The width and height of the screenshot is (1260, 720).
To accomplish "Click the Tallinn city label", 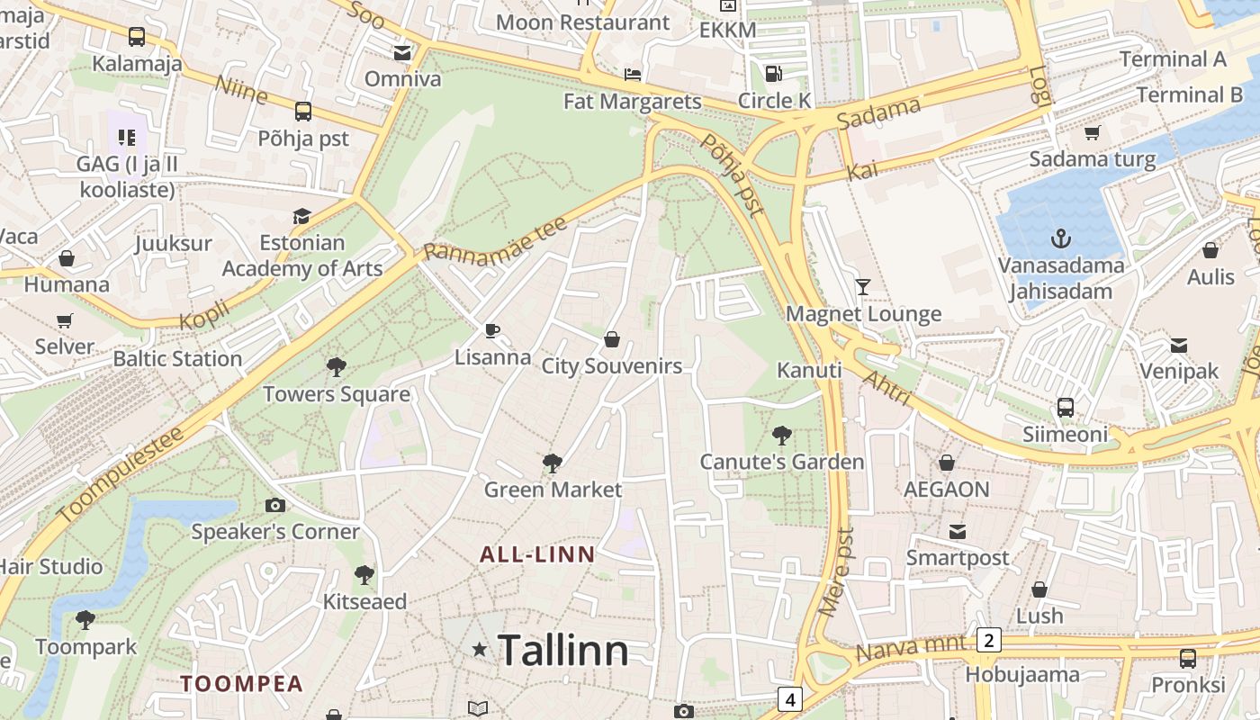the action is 562,650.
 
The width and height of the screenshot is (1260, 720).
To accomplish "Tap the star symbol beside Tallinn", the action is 480,650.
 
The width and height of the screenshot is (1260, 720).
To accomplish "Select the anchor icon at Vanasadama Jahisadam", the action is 1061,239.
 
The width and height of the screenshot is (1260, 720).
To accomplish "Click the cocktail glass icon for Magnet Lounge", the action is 863,287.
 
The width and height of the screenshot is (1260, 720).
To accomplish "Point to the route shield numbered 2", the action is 988,640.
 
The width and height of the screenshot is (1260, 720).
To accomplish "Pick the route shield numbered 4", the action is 789,698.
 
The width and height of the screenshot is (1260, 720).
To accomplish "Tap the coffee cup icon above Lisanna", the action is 492,330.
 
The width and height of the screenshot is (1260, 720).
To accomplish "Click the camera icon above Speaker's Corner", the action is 275,506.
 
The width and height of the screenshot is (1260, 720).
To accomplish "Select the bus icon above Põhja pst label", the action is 303,112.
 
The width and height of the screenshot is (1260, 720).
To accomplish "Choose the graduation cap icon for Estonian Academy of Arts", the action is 301,217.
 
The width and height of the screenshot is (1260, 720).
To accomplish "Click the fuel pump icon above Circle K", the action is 773,74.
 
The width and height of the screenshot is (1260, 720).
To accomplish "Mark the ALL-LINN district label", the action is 537,554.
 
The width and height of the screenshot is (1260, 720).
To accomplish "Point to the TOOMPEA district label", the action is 241,683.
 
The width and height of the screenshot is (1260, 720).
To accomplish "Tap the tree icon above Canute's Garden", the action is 782,436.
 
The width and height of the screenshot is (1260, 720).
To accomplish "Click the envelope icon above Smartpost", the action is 958,532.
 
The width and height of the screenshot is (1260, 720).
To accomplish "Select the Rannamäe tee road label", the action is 495,238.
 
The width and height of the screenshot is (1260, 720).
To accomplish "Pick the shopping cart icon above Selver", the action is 65,320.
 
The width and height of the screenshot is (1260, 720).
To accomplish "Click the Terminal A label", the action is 1173,59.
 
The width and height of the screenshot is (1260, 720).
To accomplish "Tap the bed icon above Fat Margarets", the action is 633,74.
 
